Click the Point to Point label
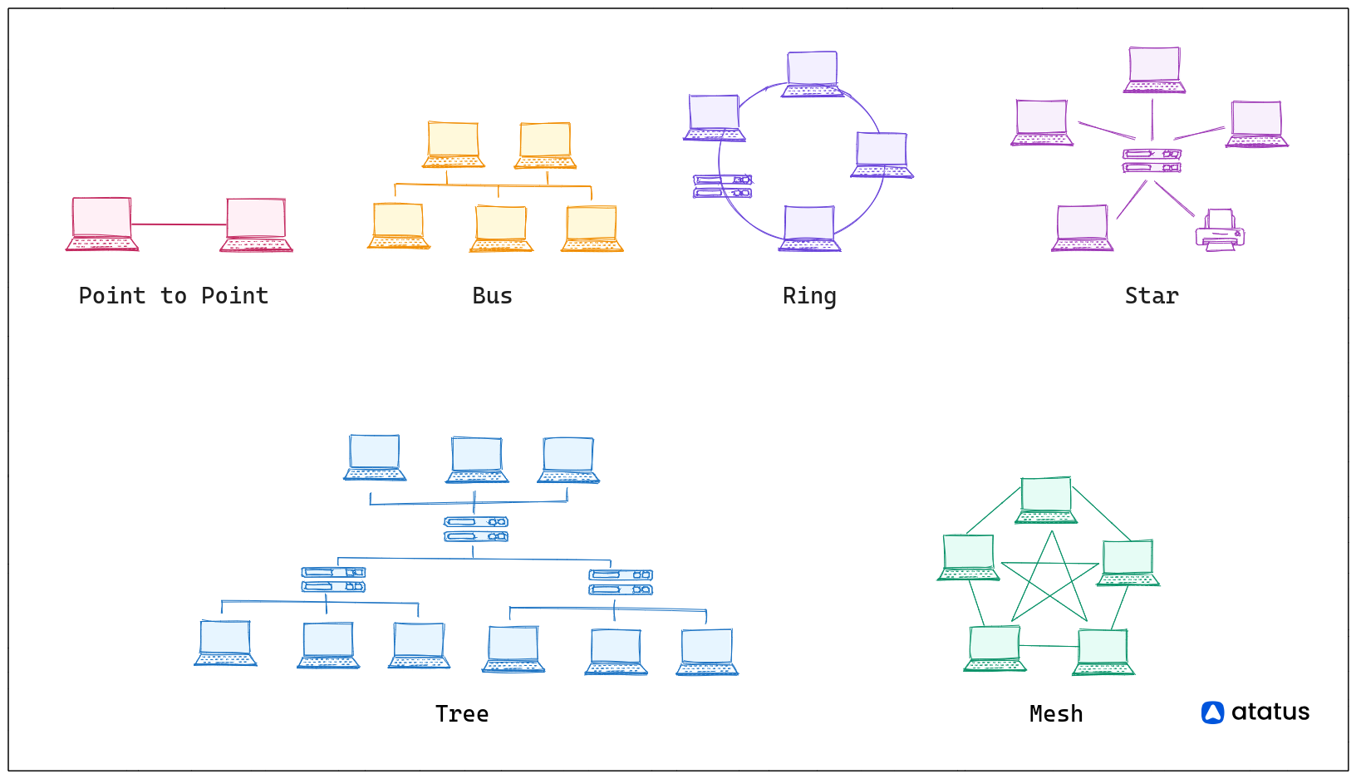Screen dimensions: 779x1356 point(174,296)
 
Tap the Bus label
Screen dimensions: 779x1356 point(492,296)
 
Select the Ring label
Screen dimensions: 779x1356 point(809,296)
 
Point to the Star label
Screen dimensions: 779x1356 point(1152,296)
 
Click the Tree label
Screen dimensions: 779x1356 point(462,714)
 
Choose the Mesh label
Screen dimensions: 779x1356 point(1056,714)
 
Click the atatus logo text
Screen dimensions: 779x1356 point(1270,712)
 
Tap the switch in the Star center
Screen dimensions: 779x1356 point(1152,160)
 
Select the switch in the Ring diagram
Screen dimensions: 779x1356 point(722,186)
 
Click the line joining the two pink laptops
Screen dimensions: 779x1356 point(179,224)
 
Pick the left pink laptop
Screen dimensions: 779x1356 point(102,224)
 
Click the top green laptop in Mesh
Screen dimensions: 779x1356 point(1046,500)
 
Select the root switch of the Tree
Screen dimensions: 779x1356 point(475,529)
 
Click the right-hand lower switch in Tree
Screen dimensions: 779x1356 point(621,582)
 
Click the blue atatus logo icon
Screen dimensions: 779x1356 point(1212,712)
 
